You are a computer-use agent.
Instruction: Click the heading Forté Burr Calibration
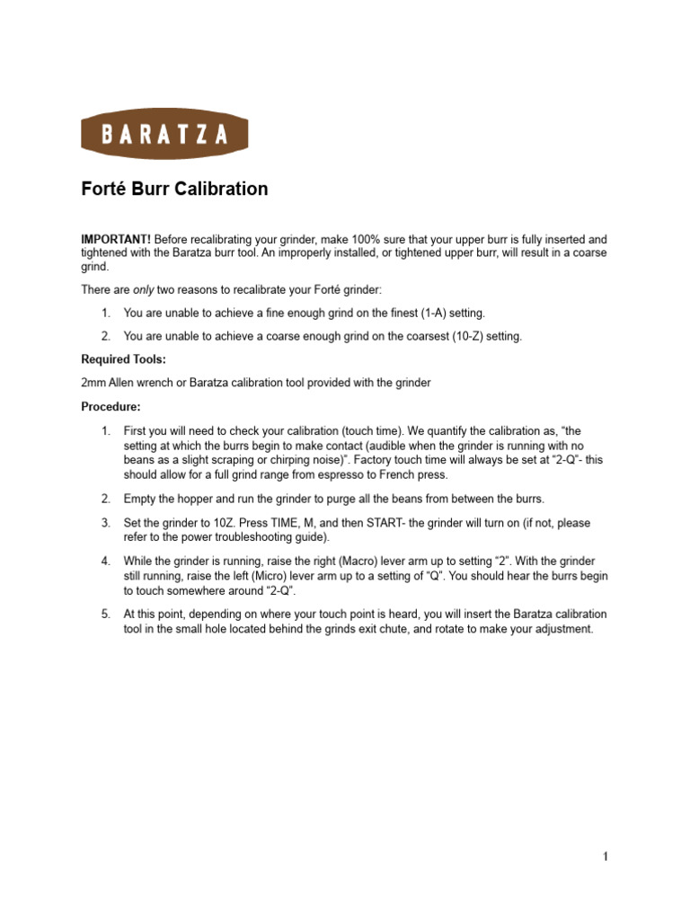tap(174, 189)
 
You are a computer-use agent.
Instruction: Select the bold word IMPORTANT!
tap(116, 240)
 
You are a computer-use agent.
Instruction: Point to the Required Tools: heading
tap(123, 359)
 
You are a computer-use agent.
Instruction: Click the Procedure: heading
tap(111, 406)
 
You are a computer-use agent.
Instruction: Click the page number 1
tap(606, 856)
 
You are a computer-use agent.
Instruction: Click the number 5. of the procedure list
tap(105, 615)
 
